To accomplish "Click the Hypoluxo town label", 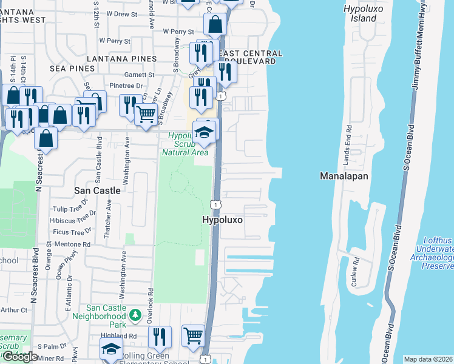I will click(222, 220).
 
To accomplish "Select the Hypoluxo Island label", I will click(360, 13).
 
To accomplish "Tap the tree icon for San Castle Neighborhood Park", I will click(135, 315).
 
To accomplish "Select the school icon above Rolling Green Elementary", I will click(110, 350).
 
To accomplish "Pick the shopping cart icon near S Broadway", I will click(145, 113).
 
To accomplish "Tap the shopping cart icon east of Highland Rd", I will click(193, 334).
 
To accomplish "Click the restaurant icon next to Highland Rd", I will click(160, 336).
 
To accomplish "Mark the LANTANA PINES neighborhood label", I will click(121, 59).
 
